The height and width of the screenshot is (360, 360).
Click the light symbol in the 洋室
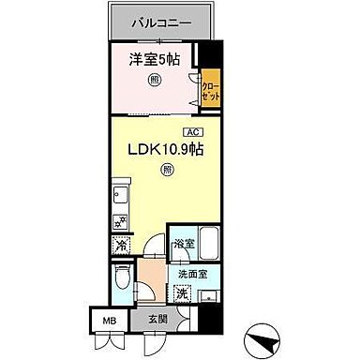point(154,81)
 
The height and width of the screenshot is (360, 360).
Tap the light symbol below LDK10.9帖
point(166,171)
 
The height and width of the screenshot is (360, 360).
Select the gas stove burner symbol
point(120,221)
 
